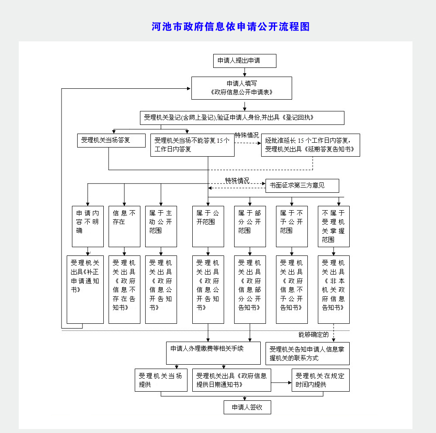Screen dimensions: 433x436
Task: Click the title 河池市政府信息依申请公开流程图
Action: (x=231, y=27)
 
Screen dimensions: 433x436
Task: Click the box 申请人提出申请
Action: (x=245, y=61)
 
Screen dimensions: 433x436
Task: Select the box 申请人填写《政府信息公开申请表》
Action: (x=242, y=88)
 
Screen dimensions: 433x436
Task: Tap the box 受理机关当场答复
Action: (x=111, y=141)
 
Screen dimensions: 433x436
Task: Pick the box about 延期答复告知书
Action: (x=310, y=145)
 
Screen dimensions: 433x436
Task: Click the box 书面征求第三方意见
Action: (x=302, y=186)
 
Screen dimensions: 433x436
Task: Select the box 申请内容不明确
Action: (x=88, y=226)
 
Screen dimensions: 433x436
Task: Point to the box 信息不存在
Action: (x=124, y=226)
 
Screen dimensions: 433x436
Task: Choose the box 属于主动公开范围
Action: (x=161, y=226)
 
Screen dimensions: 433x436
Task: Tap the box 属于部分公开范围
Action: (x=250, y=226)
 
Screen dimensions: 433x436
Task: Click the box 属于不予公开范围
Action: (x=292, y=226)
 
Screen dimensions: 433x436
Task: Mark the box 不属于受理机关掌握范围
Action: (x=334, y=226)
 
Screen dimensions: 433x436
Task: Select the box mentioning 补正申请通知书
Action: (x=85, y=289)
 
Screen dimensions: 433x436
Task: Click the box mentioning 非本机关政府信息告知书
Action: (x=334, y=289)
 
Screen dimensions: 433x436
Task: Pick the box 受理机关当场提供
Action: (x=161, y=380)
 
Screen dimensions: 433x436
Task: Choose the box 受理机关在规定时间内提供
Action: (x=320, y=380)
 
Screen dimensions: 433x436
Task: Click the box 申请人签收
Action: (x=247, y=407)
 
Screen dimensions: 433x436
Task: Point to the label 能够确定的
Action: (x=313, y=335)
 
